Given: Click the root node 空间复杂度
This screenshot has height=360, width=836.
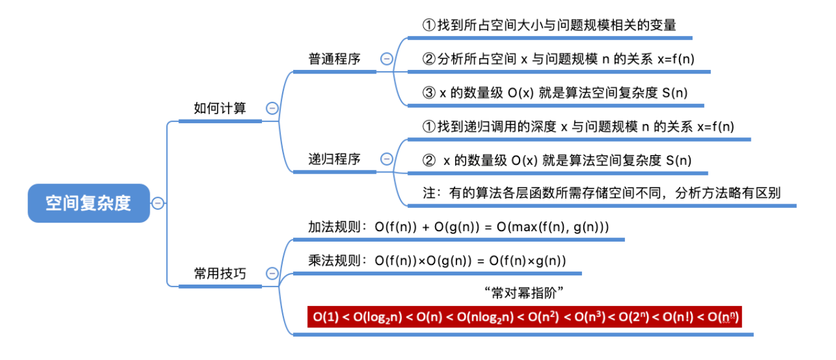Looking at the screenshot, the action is coord(89,203).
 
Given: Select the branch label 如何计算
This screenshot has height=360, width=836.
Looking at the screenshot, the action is coord(220,109).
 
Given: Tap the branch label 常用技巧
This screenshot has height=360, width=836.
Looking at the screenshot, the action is coord(220,274).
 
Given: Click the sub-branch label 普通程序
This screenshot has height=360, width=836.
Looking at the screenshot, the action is coord(334,59).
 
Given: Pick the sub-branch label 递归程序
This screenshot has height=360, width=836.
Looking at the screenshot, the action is coord(334,159).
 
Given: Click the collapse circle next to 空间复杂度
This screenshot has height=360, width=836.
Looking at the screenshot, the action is coord(158,203).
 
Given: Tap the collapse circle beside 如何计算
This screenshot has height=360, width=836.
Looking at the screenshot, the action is coord(272,109).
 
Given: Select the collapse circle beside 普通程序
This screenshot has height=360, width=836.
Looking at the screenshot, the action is coord(386,59).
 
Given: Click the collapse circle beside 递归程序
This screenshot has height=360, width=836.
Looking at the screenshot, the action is coord(386,159).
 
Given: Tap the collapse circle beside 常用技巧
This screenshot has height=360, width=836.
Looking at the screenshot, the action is coord(272,274).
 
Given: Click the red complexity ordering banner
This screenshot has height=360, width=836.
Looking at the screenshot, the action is coord(524,317).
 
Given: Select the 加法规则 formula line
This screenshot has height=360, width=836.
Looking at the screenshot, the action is coord(458,227).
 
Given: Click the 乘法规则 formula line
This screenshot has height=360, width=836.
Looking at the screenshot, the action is coord(437,261).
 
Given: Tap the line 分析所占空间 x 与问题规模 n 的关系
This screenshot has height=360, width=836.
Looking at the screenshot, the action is coord(558,59).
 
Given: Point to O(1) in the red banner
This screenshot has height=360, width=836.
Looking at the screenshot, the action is coord(325,317).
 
